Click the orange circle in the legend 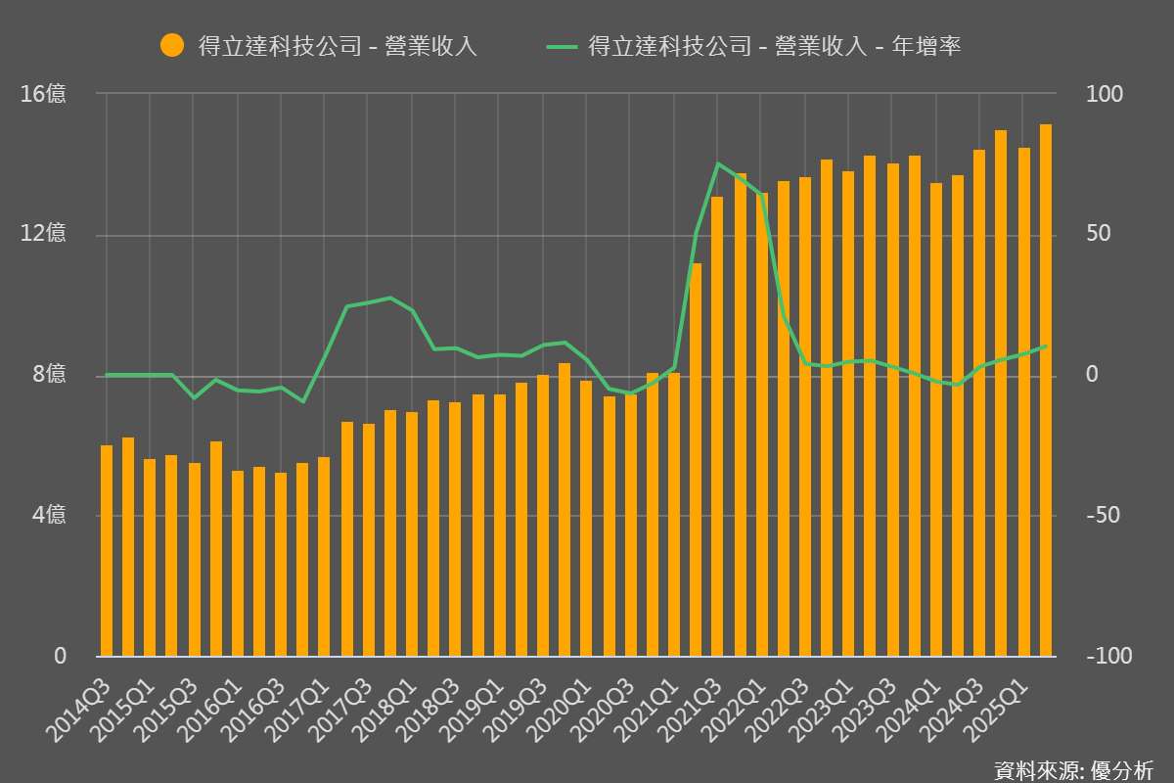point(172,45)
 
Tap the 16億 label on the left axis point(43,94)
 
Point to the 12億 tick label point(43,234)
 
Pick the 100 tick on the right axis point(1106,94)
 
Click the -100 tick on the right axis point(1108,656)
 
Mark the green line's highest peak point(718,163)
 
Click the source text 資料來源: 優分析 point(1073,769)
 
